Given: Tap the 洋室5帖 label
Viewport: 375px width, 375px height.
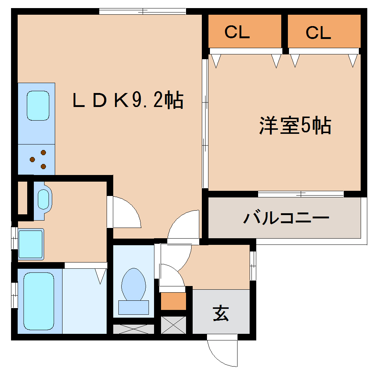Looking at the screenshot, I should coord(295,126).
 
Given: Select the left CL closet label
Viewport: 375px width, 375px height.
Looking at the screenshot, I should coord(237,33).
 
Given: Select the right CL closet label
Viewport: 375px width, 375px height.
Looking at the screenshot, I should coord(318,33).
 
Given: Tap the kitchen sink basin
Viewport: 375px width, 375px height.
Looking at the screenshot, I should coord(38,106).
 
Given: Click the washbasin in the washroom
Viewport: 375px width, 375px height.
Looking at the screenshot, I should coord(43,200).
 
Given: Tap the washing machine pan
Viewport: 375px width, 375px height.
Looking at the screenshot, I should coord(31,244).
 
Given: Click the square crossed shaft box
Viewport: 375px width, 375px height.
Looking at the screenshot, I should coord(174,325).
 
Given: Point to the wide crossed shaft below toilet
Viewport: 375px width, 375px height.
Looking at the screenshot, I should coord(133,329).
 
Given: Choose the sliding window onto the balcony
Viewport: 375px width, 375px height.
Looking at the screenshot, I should coord(301,194).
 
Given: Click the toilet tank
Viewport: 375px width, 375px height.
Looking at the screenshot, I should coord(133,307).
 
